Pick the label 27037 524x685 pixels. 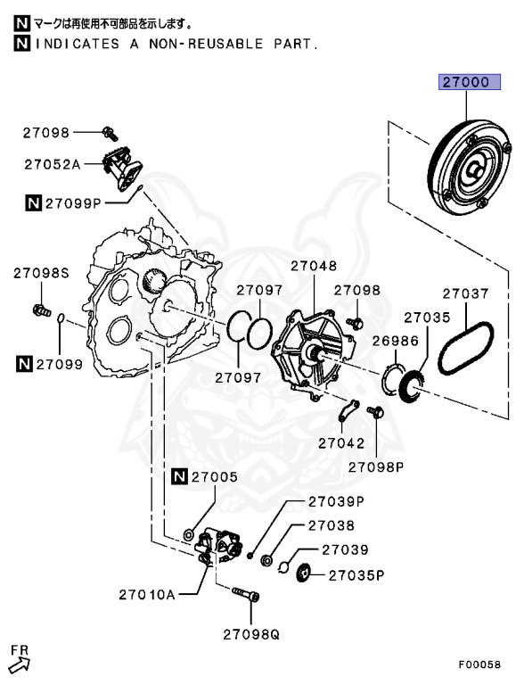point(466,293)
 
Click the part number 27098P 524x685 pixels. point(375,466)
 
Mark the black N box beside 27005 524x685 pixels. point(181,477)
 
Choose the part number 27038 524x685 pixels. point(332,526)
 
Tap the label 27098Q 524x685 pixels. point(250,635)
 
